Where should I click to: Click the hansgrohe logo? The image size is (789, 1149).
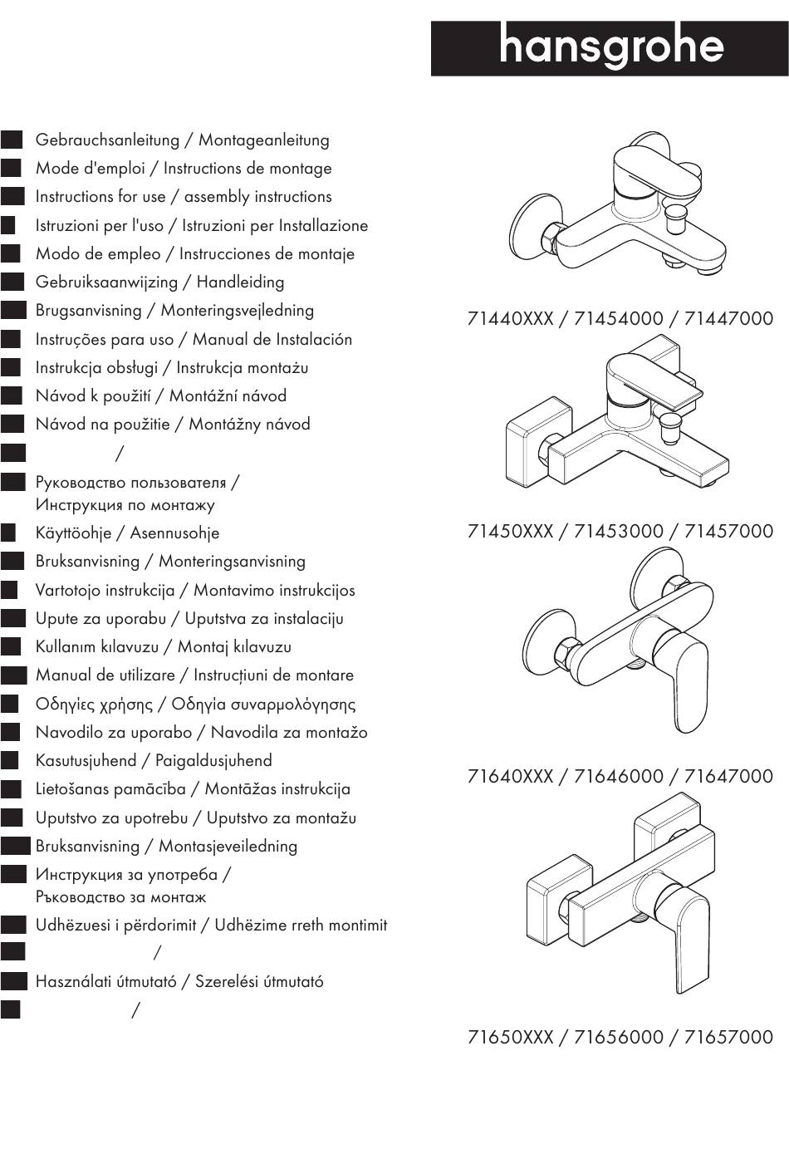610,48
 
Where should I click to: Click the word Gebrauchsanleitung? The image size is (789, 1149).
107,140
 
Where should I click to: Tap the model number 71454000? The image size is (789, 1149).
619,319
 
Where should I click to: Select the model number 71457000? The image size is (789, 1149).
728,532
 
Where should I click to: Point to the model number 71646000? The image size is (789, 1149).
619,777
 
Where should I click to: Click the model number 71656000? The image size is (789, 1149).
619,1038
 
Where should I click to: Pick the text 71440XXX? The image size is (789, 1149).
510,319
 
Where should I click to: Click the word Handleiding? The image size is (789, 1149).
240,282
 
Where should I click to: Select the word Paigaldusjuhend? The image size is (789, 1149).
213,761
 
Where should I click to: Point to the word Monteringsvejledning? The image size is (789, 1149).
237,311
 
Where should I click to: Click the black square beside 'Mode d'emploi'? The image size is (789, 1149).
11,168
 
